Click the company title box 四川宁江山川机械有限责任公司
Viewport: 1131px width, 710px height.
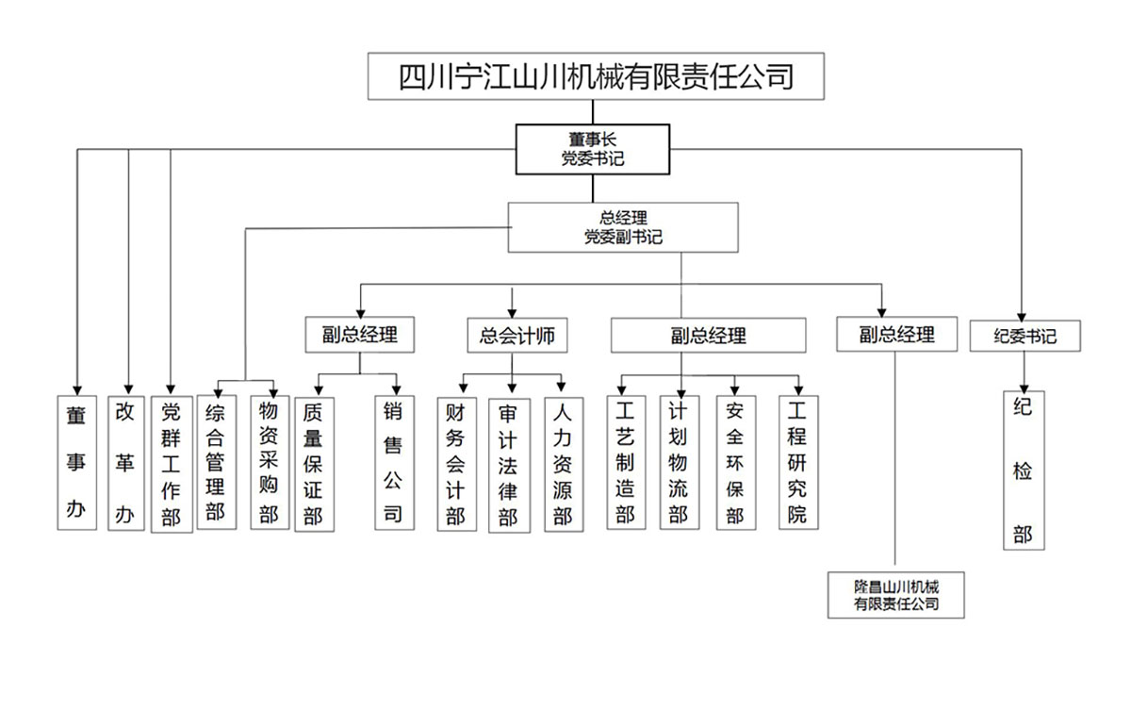click(595, 75)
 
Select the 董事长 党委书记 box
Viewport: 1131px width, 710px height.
click(592, 149)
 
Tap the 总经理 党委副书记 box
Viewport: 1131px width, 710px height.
click(622, 227)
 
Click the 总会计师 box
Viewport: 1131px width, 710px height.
click(516, 335)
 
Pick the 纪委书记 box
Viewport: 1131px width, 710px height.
click(1024, 336)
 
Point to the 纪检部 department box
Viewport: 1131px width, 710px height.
click(1023, 471)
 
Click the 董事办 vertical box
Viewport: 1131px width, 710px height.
click(76, 462)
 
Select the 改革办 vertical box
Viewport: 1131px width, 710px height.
click(125, 462)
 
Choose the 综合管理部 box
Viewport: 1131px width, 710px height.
click(216, 462)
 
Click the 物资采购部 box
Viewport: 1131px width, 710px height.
click(270, 462)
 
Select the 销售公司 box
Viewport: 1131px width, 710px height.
click(393, 462)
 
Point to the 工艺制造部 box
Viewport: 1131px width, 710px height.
click(625, 462)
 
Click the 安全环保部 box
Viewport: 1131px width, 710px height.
click(736, 462)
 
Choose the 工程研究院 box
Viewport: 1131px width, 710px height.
click(798, 462)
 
